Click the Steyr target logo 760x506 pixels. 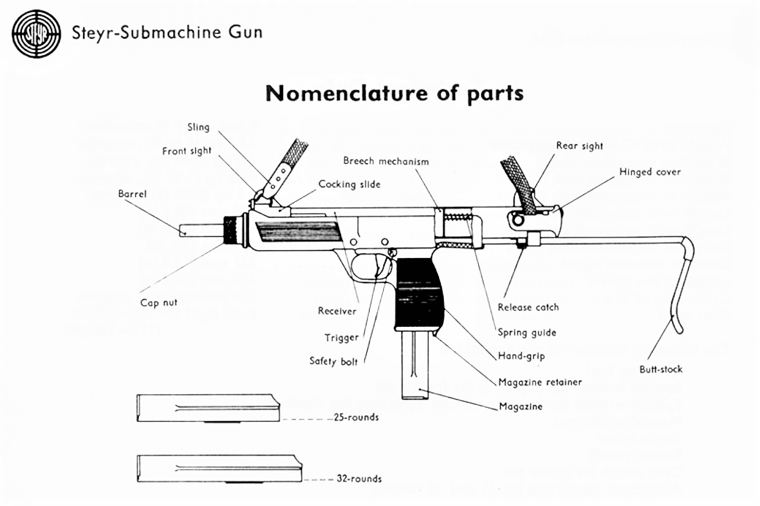pos(37,33)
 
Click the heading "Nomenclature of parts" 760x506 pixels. pos(395,93)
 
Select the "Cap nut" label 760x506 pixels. pos(158,303)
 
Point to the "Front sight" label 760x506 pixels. pos(186,151)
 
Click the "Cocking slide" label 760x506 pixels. pos(349,184)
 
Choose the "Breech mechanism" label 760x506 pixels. pos(386,161)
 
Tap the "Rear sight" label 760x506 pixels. pos(580,145)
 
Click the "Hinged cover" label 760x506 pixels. pos(650,172)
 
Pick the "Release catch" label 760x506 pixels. pos(528,307)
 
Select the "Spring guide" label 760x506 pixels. pos(527,332)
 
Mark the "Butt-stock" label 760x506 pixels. pos(661,369)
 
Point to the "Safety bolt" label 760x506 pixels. pos(333,361)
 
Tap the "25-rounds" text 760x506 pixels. pos(355,418)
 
